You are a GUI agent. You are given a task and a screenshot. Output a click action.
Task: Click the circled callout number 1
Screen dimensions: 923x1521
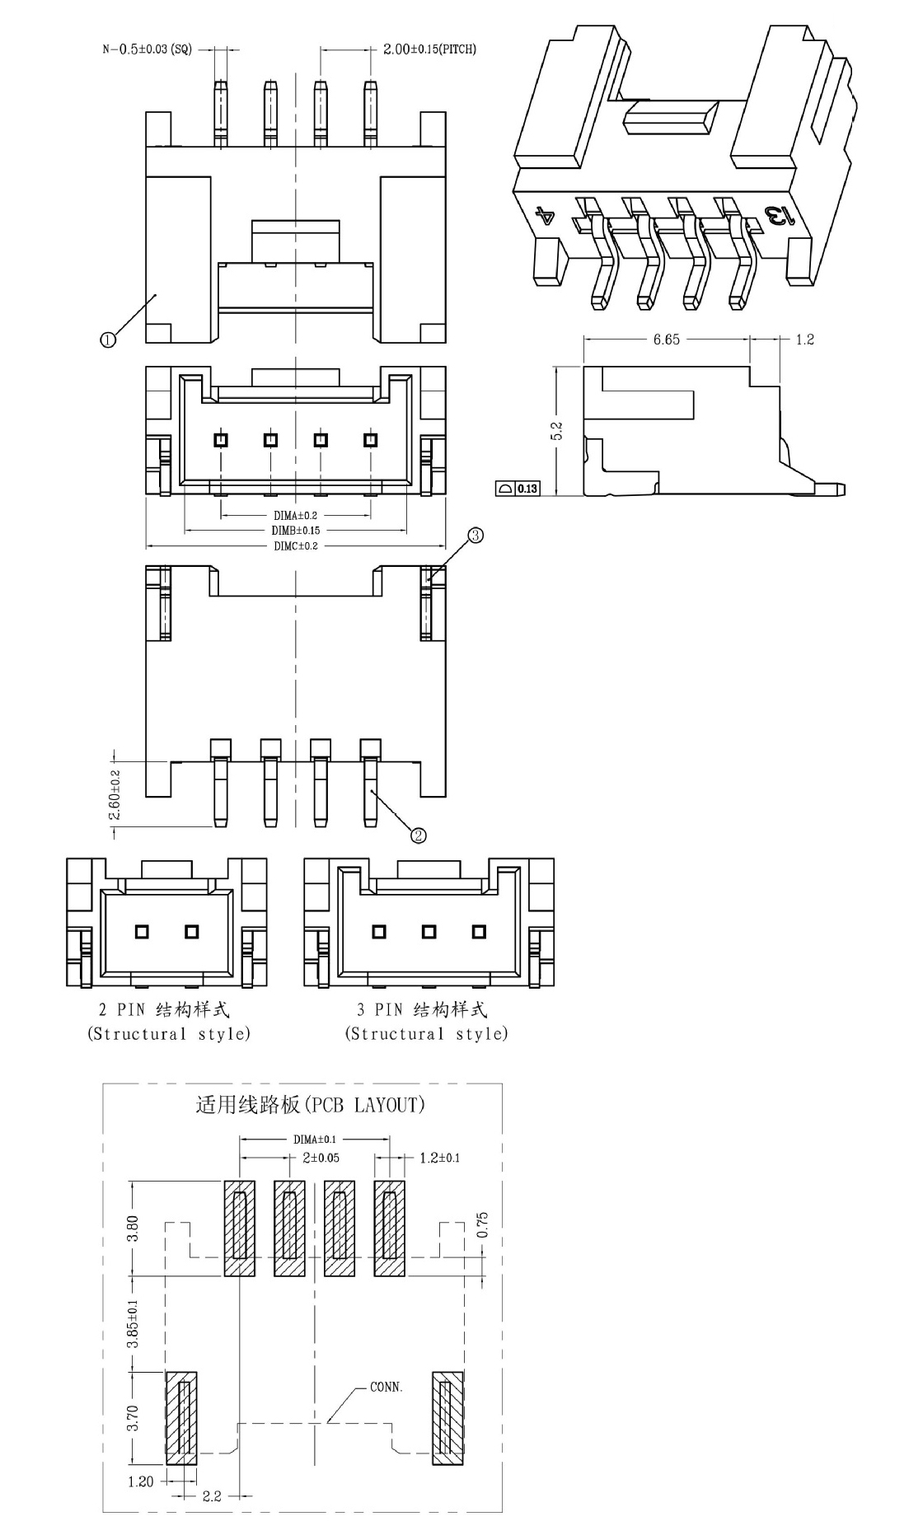[107, 339]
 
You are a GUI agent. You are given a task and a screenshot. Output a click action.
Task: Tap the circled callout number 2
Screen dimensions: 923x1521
[419, 835]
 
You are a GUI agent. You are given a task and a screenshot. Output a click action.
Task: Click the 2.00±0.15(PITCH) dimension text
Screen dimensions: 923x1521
[429, 49]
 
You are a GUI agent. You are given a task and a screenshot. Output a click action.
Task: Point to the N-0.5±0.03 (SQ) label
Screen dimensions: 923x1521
[147, 49]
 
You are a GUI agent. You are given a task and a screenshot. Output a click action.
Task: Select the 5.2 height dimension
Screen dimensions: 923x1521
[556, 431]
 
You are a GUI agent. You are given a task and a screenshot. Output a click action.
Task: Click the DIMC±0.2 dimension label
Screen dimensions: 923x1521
[296, 546]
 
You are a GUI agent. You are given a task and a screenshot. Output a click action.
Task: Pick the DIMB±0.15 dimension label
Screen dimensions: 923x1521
[296, 531]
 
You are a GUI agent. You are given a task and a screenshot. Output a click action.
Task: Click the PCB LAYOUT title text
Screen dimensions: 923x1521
[310, 1104]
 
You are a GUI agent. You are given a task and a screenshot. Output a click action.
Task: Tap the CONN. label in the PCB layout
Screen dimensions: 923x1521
[387, 1387]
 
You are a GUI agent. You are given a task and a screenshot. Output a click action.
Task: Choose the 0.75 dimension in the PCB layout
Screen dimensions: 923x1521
[483, 1226]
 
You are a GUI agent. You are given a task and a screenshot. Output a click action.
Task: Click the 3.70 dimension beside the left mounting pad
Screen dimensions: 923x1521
[134, 1417]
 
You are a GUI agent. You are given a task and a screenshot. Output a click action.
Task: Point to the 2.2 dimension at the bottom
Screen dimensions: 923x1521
[212, 1496]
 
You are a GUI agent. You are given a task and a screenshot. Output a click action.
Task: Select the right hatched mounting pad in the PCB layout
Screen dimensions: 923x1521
[447, 1417]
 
